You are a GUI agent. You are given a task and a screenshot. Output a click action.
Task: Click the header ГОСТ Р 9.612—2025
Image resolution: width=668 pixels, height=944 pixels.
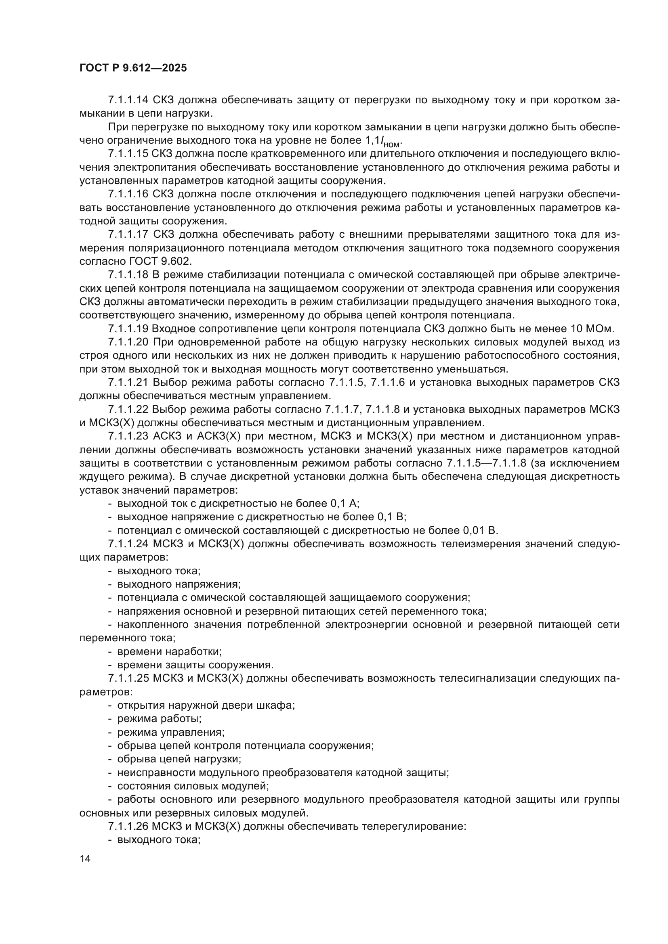133,68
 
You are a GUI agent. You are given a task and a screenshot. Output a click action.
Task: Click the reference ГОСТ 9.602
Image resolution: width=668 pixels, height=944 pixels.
160,262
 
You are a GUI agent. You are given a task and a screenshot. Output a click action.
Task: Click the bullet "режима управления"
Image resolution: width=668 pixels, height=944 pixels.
171,732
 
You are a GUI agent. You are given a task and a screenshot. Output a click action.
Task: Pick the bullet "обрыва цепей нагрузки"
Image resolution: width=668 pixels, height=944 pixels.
179,759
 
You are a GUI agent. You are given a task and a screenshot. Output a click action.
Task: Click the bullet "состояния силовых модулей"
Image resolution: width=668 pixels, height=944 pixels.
193,786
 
